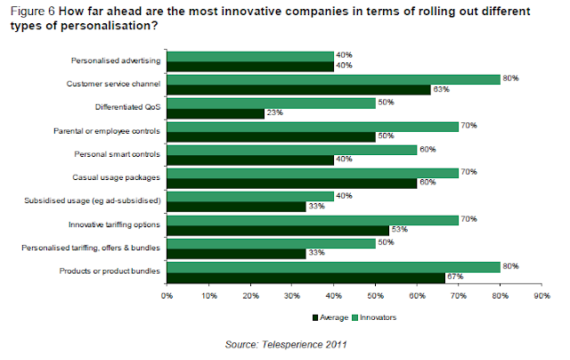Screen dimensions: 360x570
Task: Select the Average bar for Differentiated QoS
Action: point(215,112)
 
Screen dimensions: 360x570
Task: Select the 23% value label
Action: point(273,112)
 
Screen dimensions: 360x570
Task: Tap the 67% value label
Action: point(455,275)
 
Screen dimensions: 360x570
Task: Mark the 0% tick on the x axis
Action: point(167,293)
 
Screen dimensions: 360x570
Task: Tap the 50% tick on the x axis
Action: point(375,293)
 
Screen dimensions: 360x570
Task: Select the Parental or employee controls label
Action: point(105,130)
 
